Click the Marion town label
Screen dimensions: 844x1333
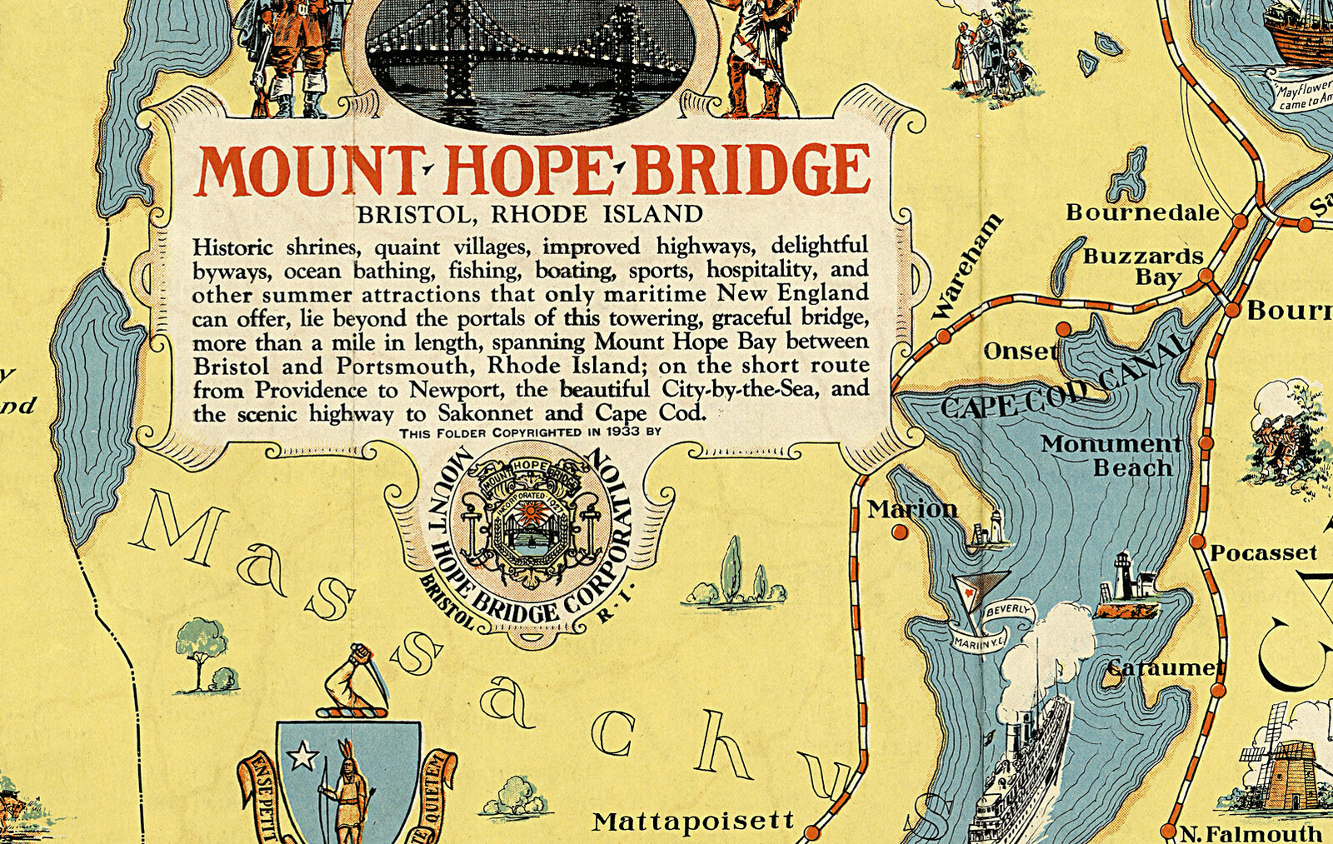(x=912, y=508)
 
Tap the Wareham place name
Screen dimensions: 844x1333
(x=966, y=267)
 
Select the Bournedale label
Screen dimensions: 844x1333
(x=1142, y=212)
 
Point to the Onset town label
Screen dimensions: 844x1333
(x=1021, y=352)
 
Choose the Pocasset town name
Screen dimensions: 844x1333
(x=1263, y=553)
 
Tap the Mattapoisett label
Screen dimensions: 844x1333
(x=693, y=822)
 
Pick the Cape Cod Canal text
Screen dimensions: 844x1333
(x=1062, y=385)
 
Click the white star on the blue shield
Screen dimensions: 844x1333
(x=302, y=757)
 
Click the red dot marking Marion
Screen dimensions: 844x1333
(x=900, y=531)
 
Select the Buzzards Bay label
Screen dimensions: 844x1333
(x=1143, y=267)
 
